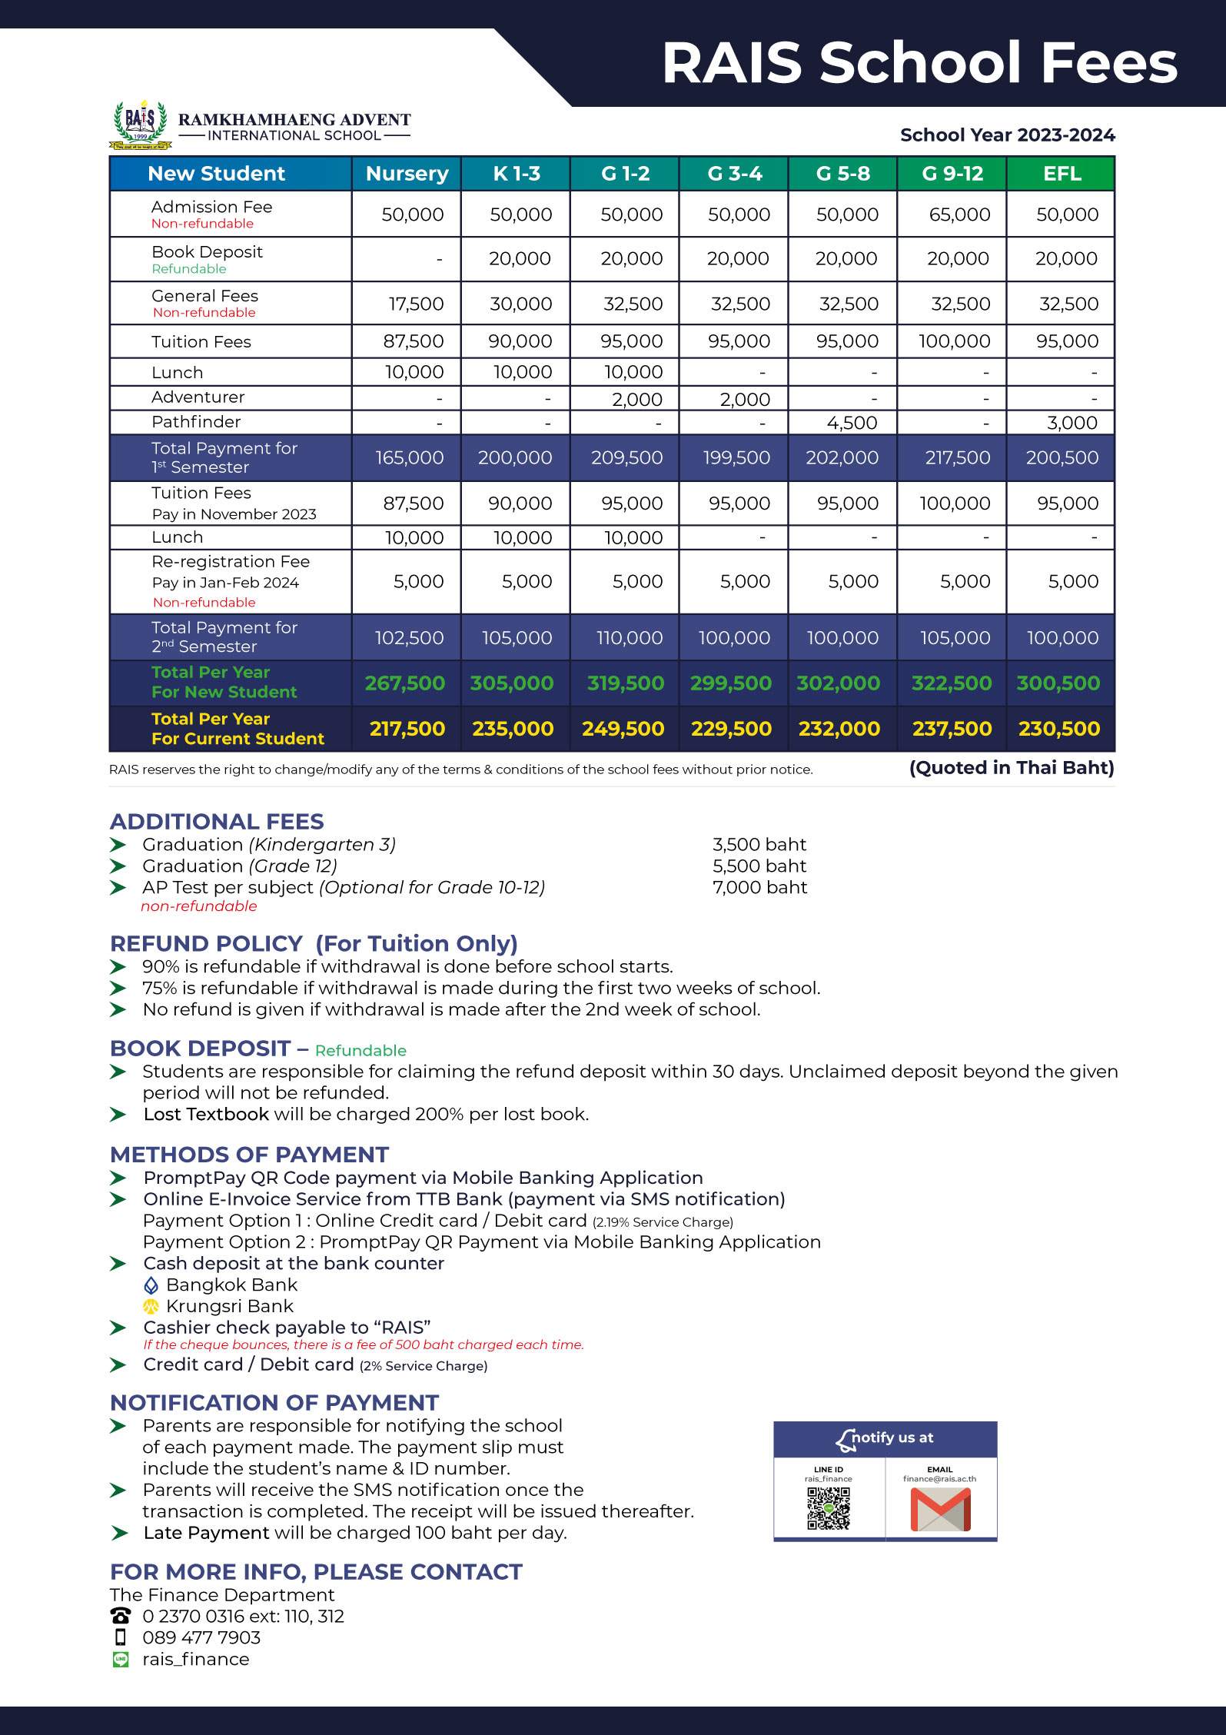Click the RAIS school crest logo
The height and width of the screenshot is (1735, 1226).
[x=140, y=124]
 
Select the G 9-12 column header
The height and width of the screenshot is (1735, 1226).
[x=952, y=174]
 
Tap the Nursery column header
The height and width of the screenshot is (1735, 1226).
[x=407, y=174]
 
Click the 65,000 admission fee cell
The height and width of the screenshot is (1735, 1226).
[x=959, y=214]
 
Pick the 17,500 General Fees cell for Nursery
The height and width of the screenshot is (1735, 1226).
[x=416, y=304]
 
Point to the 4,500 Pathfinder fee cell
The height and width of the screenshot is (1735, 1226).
[x=852, y=423]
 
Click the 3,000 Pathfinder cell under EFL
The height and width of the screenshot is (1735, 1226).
[x=1072, y=423]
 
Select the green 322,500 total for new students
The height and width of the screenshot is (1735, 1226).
[x=951, y=683]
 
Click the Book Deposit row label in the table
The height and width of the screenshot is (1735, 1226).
[x=207, y=252]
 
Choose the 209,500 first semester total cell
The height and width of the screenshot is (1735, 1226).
[x=626, y=457]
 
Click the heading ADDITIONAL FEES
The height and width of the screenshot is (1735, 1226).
[x=217, y=821]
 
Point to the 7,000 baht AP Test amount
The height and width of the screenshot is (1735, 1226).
[x=759, y=887]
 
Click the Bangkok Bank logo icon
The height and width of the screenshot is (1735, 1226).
[x=151, y=1285]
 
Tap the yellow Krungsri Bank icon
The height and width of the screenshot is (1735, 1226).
[x=151, y=1306]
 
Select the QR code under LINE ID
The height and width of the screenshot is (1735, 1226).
[x=828, y=1508]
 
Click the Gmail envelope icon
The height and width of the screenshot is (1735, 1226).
[x=940, y=1509]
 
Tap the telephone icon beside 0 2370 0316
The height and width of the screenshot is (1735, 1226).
[x=121, y=1616]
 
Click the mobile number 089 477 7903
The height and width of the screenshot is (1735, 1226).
[x=201, y=1637]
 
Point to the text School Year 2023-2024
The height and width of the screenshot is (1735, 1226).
[x=1007, y=135]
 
